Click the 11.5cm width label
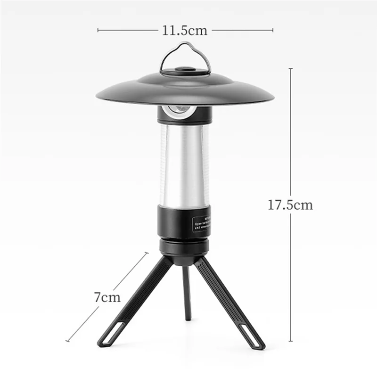(x=185, y=31)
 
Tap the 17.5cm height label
(x=290, y=205)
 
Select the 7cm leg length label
(x=107, y=297)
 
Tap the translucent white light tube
(x=184, y=165)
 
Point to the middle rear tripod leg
(x=187, y=292)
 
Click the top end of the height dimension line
(x=290, y=69)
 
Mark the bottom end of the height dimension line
(x=290, y=341)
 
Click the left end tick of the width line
(x=98, y=31)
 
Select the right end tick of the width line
(x=273, y=31)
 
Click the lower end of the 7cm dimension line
(x=67, y=341)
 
